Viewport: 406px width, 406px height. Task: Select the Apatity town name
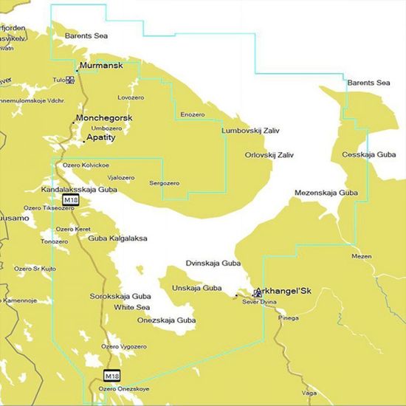[104, 137]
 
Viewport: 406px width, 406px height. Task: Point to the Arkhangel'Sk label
[283, 291]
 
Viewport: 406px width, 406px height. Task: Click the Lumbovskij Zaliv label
[252, 131]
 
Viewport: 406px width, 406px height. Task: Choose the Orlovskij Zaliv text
[269, 155]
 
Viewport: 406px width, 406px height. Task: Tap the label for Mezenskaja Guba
[326, 192]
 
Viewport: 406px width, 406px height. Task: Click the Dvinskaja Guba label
[213, 263]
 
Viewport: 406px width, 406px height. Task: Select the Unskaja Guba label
[196, 287]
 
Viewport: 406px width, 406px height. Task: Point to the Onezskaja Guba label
[167, 320]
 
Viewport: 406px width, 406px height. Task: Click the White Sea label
[132, 307]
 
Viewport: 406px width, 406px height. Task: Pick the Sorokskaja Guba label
[115, 296]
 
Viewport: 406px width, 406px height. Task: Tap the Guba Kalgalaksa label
[117, 238]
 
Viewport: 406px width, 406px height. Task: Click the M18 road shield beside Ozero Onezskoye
[111, 375]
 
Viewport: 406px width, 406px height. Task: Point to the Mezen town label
[362, 256]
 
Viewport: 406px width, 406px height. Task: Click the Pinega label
[289, 318]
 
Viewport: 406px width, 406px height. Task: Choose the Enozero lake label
[192, 114]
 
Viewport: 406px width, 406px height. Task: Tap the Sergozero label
[164, 182]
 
